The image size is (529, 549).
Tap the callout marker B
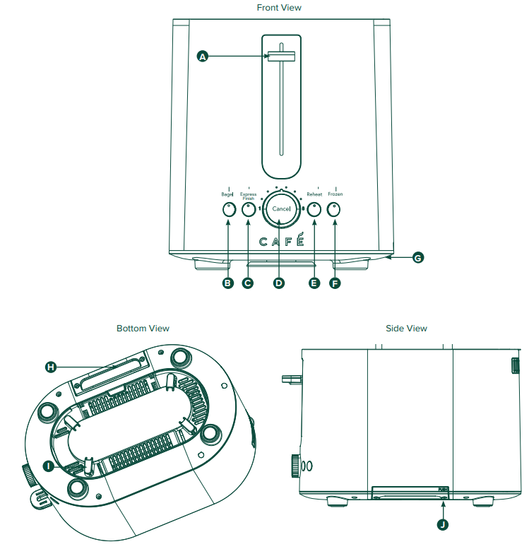228,283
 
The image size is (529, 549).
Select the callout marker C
248,283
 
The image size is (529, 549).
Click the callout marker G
417,258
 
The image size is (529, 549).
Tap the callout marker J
443,524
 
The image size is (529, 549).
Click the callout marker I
48,466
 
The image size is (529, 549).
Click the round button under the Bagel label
228,209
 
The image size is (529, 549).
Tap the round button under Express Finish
248,209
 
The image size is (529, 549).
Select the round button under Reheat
314,209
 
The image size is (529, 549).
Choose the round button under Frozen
334,209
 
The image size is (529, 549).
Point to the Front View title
279,8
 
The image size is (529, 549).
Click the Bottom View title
143,329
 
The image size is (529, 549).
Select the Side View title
406,329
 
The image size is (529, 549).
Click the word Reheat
314,194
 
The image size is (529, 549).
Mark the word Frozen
335,194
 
